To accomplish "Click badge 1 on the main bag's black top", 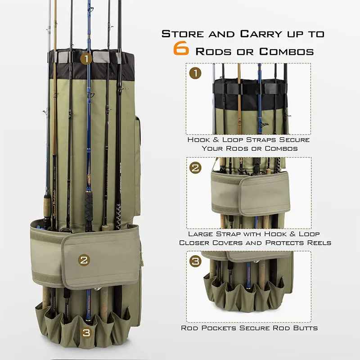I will click(86, 58).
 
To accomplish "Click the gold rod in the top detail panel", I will click(238, 90).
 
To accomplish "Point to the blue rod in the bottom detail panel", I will click(248, 274).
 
